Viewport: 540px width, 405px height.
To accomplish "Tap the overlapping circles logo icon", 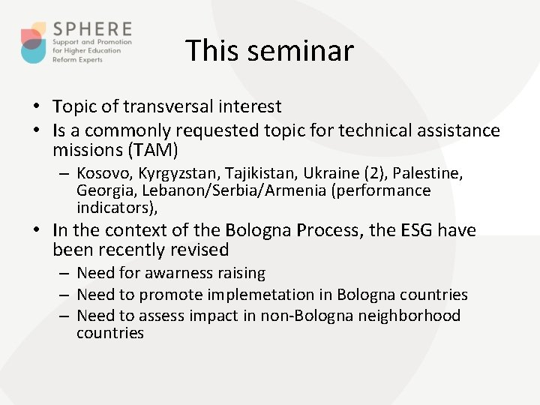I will [34, 43].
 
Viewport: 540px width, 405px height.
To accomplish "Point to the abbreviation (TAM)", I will [153, 150].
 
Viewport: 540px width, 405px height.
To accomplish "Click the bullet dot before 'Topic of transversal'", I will [37, 107].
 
